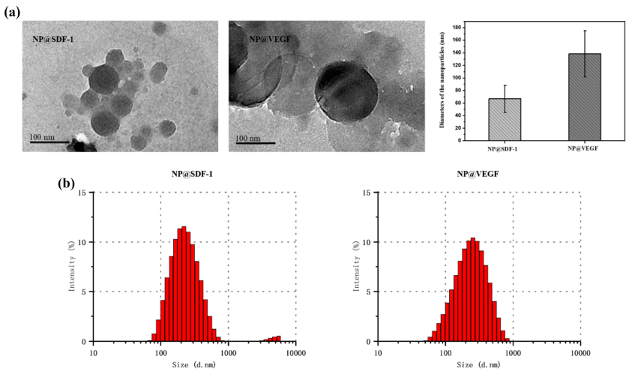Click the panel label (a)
[13, 12]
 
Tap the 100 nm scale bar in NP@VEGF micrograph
[256, 142]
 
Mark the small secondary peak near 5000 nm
[274, 338]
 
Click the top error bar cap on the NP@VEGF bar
[584, 31]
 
